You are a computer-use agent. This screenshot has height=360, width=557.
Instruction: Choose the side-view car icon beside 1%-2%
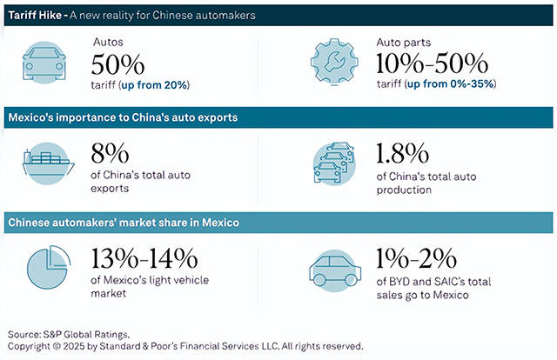click(x=334, y=269)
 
